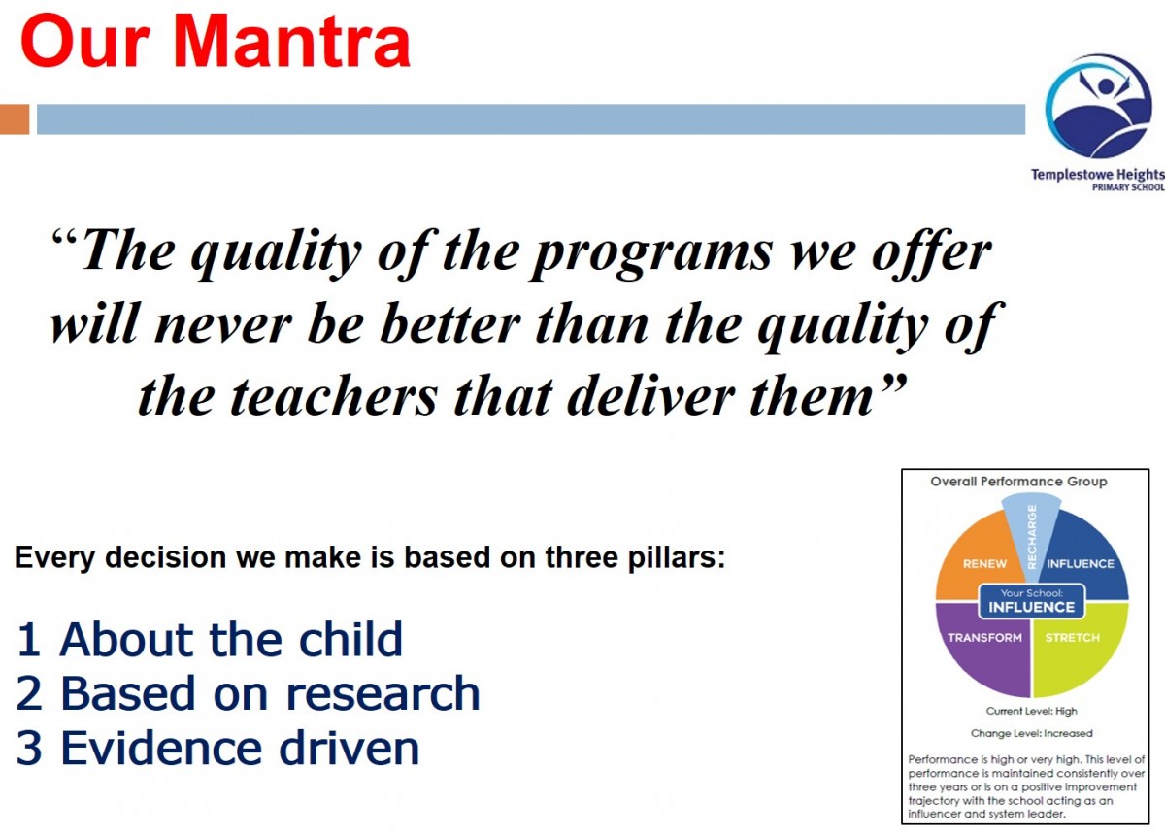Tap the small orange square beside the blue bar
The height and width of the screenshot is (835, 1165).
click(15, 119)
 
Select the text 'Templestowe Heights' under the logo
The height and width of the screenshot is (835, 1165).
click(1098, 175)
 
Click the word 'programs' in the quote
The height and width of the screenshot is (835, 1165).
click(650, 254)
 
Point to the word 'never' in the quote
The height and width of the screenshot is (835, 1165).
click(223, 324)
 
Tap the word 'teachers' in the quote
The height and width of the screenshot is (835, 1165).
click(333, 396)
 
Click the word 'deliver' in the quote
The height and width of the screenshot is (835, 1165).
click(650, 396)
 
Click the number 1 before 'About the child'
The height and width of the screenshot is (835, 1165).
click(29, 640)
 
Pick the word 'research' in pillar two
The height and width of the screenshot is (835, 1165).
click(383, 693)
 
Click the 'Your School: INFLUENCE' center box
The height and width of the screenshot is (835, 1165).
click(1031, 601)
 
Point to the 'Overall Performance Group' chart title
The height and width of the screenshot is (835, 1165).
click(1018, 482)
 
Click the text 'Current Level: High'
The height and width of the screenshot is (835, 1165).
click(1031, 711)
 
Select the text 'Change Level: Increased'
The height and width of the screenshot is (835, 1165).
click(1031, 734)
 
